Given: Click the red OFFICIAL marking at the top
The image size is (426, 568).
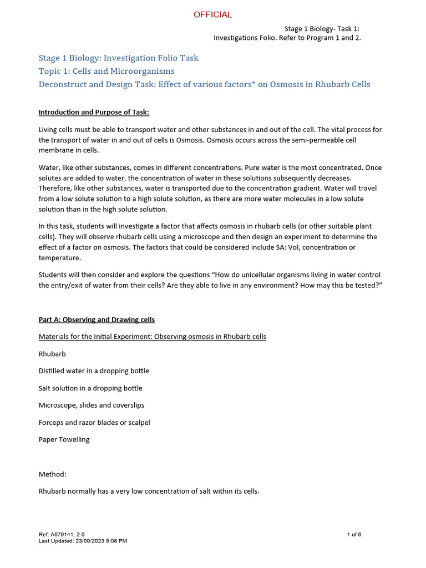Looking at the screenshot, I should (x=212, y=14).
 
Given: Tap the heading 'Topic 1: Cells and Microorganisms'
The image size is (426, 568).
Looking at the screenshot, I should (x=106, y=71).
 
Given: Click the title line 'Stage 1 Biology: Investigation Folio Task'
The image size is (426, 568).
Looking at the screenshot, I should (x=118, y=58).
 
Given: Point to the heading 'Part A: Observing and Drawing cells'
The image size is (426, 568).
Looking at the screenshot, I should (x=97, y=319).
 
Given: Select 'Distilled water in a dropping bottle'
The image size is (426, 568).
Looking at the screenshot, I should (x=94, y=371).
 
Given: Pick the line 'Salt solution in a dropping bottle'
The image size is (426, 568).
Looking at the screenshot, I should (x=90, y=388).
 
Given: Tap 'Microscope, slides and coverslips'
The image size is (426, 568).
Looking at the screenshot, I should (x=92, y=405).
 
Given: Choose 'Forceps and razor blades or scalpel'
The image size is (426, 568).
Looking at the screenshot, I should (x=94, y=423).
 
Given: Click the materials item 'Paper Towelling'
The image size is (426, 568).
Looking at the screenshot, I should (x=64, y=440).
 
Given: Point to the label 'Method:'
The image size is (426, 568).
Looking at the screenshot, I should (x=53, y=474).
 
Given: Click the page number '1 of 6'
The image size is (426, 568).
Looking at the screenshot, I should (x=354, y=534).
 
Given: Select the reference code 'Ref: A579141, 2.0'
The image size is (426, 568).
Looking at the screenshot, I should (x=62, y=534).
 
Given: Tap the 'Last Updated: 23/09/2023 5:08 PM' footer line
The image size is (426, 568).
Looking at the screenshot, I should (x=83, y=541).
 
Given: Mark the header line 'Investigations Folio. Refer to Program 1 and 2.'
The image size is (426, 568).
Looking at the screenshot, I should (x=287, y=38).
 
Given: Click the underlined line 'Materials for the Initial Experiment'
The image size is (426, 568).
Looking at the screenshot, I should (x=152, y=337).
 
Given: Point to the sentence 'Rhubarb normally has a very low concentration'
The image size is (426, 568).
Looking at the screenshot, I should (x=149, y=491).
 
